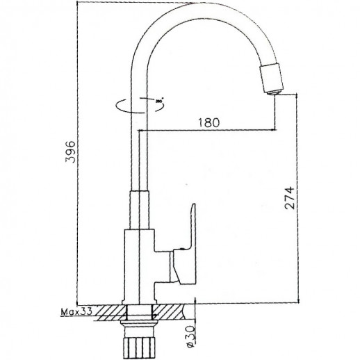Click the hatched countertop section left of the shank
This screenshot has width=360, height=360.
(x=108, y=311)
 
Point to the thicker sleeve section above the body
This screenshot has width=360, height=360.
(x=137, y=208)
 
